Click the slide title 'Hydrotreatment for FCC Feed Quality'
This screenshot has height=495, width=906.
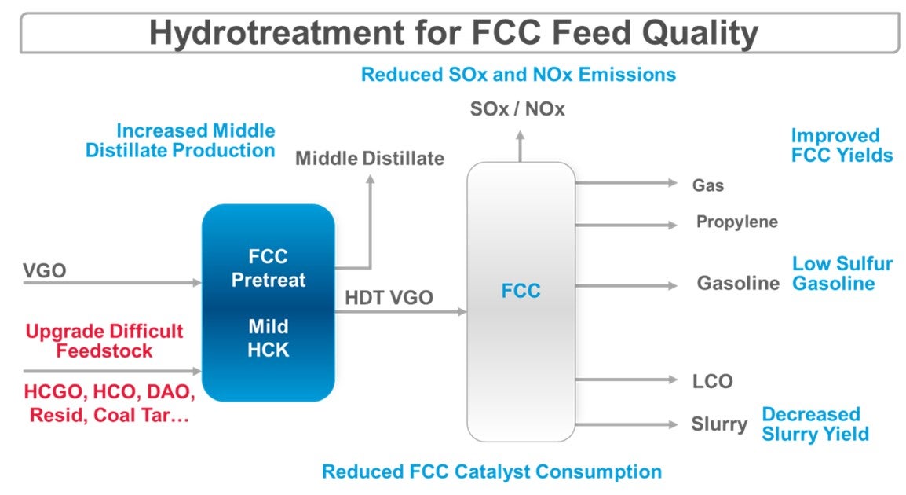(454, 33)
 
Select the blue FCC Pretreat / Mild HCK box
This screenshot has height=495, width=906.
(269, 302)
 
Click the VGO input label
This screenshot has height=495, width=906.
(44, 271)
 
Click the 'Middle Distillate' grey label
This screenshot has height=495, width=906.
(369, 159)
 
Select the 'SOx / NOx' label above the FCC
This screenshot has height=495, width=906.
(517, 109)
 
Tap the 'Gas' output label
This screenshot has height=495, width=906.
(707, 186)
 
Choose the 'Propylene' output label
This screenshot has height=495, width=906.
(736, 222)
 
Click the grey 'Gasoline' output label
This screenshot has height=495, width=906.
(738, 284)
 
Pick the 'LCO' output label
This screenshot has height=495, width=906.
(712, 382)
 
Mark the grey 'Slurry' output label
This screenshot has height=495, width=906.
(718, 424)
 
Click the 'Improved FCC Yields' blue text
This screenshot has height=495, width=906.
(841, 145)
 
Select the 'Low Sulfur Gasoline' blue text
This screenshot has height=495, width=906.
(842, 273)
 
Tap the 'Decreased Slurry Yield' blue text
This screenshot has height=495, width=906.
(815, 423)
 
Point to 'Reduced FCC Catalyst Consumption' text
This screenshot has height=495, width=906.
(491, 472)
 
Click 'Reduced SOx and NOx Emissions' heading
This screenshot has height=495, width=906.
(518, 75)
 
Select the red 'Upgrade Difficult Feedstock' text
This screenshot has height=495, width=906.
(104, 340)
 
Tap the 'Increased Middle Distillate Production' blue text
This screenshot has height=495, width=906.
(181, 140)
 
